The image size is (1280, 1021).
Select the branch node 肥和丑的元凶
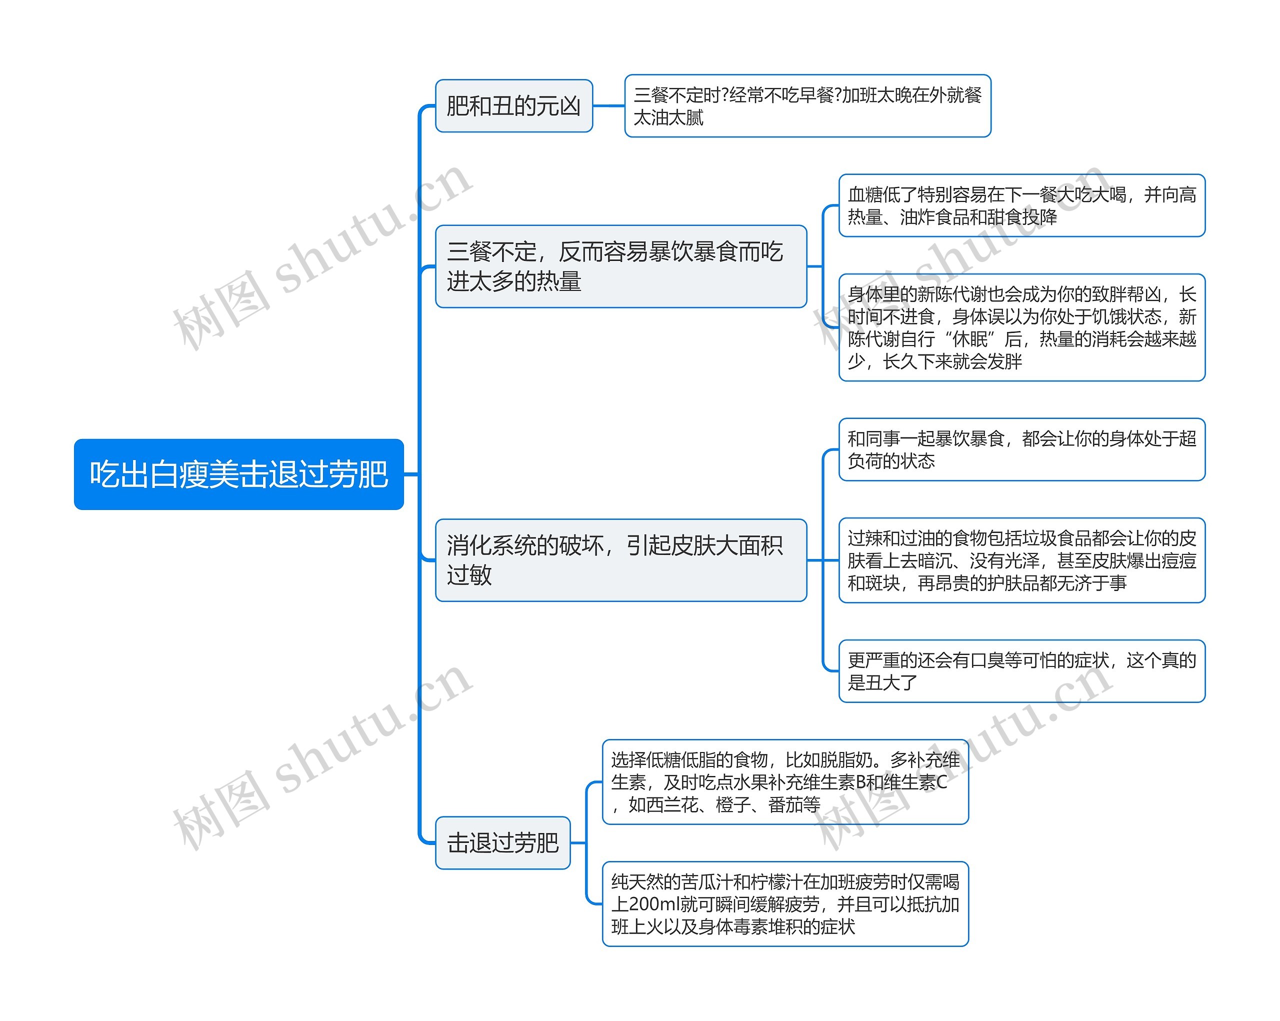click(x=513, y=105)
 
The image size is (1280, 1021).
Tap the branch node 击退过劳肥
click(x=502, y=842)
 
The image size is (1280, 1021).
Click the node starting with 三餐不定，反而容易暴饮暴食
click(x=620, y=266)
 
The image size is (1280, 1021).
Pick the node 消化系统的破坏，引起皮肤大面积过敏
click(x=620, y=560)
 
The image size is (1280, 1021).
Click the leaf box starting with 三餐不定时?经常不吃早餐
click(x=807, y=105)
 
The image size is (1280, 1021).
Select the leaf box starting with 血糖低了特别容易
click(x=1021, y=205)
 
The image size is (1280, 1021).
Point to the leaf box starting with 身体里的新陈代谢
click(x=1021, y=327)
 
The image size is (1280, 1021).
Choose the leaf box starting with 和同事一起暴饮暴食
click(x=1021, y=449)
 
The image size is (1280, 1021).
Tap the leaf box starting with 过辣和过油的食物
click(x=1021, y=560)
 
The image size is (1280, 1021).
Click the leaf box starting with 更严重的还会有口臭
click(x=1021, y=671)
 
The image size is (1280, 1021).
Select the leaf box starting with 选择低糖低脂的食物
click(x=785, y=782)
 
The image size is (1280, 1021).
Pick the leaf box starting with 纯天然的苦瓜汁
click(x=785, y=903)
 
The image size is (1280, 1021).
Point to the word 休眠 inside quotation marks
click(x=970, y=339)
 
